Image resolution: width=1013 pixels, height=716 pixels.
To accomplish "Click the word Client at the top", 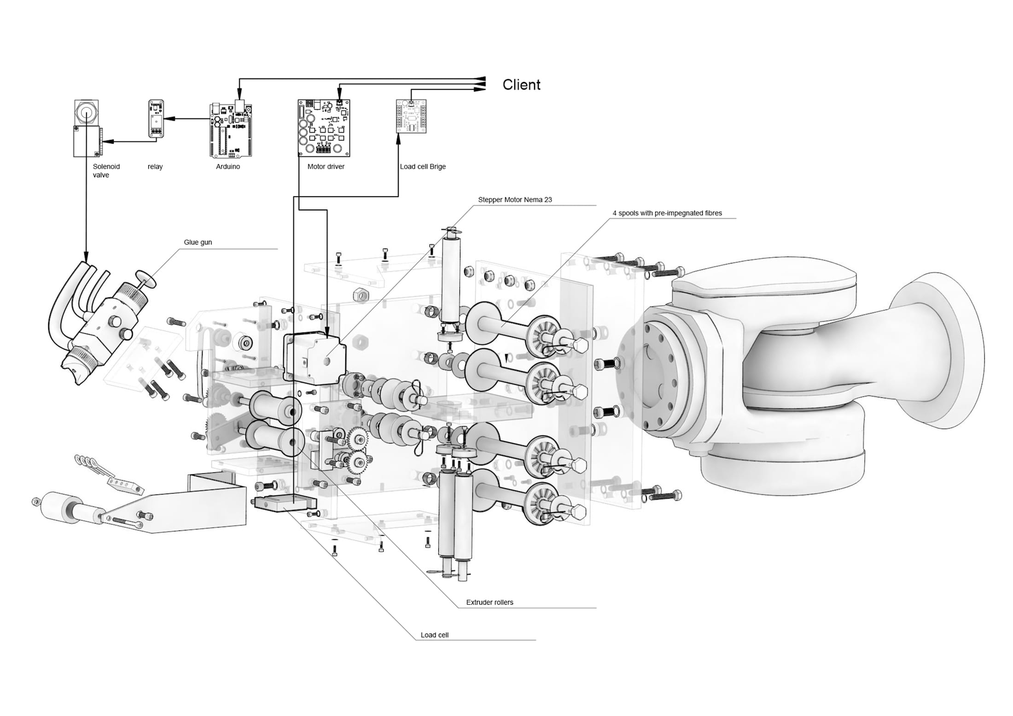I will coord(521,85).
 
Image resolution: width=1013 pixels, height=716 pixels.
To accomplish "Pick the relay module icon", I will coord(156,118).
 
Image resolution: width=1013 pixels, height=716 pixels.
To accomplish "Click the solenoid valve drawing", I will coord(87,128).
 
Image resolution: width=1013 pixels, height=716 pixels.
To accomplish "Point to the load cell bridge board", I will coord(411,116).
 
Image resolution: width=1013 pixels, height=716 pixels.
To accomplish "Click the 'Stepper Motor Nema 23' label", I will coord(515,200).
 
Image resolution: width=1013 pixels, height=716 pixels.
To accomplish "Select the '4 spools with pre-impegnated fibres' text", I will coord(667,213).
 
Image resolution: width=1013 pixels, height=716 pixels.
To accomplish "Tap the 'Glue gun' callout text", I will coord(198,242).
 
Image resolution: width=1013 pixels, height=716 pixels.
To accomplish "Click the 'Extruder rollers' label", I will coord(489,602).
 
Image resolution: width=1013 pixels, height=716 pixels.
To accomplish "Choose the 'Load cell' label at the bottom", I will coord(434,635).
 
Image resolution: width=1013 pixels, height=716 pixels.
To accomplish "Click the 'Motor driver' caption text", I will coord(326,167).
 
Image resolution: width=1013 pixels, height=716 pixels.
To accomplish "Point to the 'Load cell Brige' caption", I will coord(423,167).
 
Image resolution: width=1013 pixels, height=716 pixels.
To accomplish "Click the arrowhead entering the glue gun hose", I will coord(85,256).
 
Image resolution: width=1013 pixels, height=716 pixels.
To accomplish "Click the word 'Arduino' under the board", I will coord(228,167).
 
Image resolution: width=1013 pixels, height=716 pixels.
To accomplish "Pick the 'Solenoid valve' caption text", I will coord(106,171).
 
